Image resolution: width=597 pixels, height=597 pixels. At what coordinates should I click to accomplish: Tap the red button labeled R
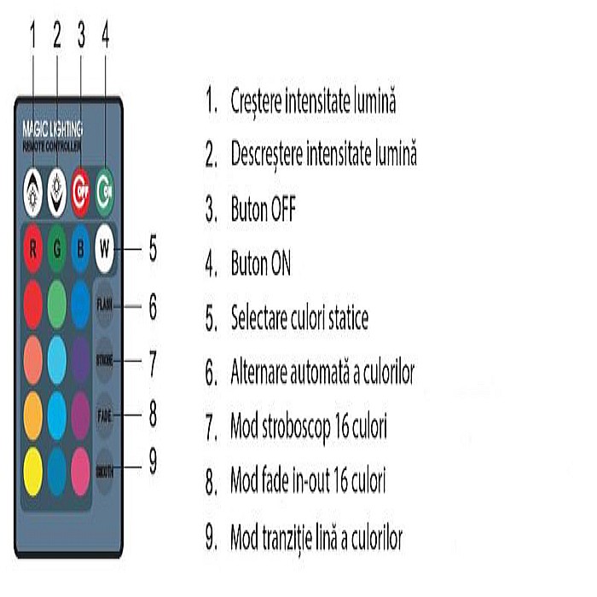pos(32,250)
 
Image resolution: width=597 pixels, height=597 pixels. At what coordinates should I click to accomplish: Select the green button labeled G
pos(57,250)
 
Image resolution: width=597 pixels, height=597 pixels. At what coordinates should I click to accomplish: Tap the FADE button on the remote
pos(105,414)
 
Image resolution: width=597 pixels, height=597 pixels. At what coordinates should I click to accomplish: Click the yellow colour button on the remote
pos(32,469)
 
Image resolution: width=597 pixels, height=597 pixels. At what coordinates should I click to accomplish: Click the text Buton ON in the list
pos(260,264)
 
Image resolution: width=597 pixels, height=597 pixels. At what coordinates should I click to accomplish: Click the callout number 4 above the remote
pos(105,34)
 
